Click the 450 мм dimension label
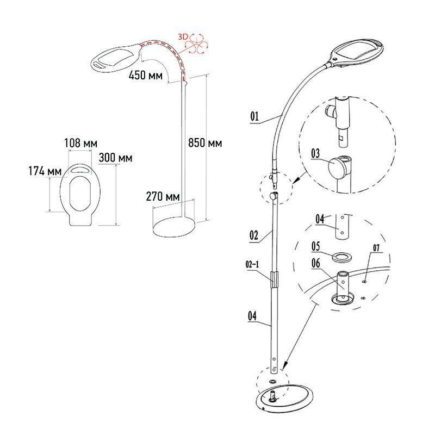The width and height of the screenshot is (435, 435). (x=145, y=76)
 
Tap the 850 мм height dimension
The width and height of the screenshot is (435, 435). (x=205, y=144)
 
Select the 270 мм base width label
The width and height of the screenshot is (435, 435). (x=163, y=196)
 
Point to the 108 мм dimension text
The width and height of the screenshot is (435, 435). (x=81, y=144)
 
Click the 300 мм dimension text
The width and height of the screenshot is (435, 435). (x=116, y=158)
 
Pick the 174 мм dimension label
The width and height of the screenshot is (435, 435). (x=46, y=171)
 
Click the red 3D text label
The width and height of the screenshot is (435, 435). (x=183, y=36)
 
